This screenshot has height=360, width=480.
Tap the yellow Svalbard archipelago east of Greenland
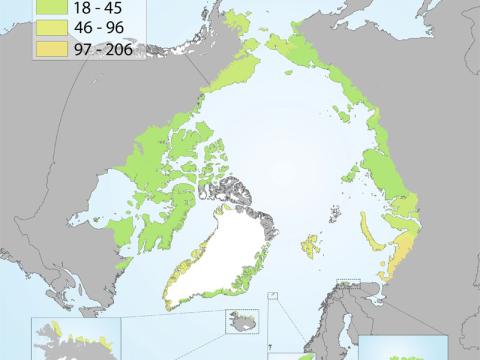click(x=312, y=243)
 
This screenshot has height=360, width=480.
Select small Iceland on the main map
click(x=246, y=320)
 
